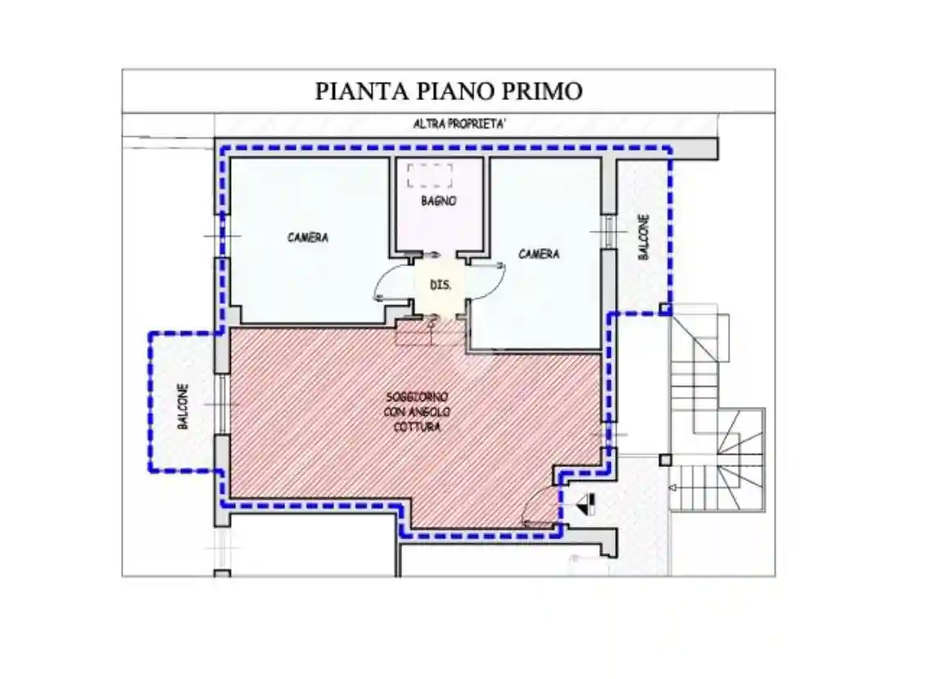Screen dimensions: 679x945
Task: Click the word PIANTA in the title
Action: click(354, 90)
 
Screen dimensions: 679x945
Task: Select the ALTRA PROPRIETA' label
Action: click(459, 124)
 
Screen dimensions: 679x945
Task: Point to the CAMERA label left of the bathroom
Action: click(308, 238)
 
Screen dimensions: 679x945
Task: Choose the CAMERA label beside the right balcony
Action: click(539, 254)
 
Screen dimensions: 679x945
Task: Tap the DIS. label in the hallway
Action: click(441, 285)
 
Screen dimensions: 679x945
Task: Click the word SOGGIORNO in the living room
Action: click(417, 396)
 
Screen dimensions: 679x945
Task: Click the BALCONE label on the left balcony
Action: click(183, 407)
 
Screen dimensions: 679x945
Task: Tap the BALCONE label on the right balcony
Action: click(644, 238)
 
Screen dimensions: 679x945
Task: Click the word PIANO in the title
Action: click(447, 90)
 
